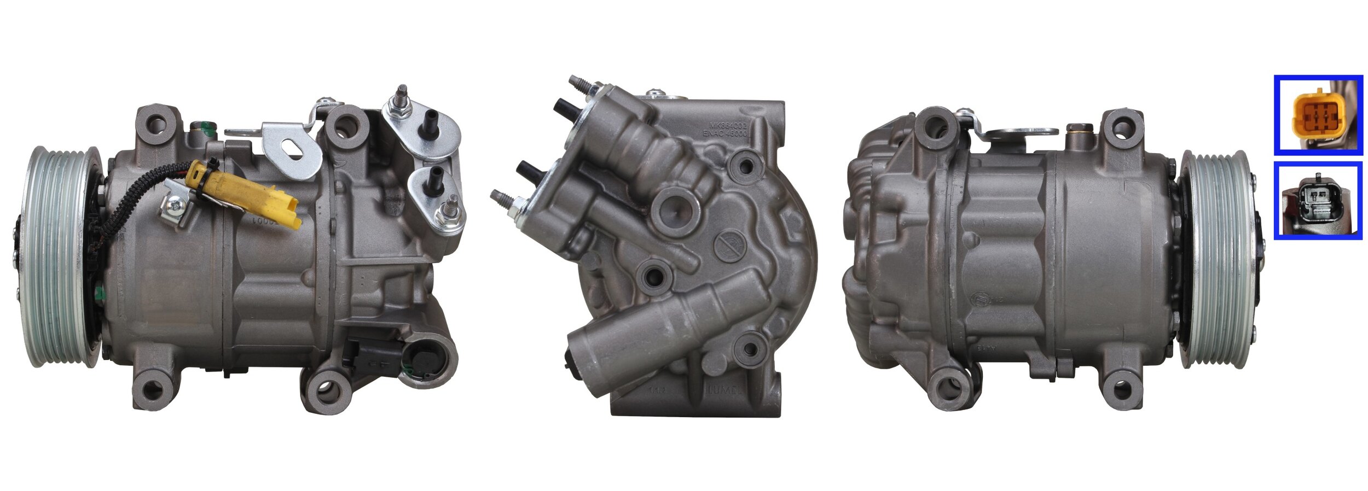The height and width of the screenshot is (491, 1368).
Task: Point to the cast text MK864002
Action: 725,124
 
